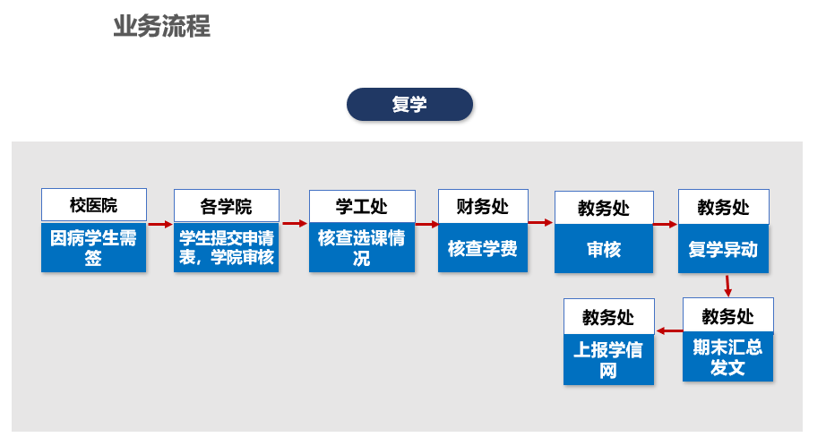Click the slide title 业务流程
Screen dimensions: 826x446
(162, 26)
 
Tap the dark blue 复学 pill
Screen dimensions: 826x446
(409, 104)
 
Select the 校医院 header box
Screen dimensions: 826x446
(94, 205)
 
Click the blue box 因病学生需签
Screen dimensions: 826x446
(94, 247)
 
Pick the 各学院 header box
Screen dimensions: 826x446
(227, 206)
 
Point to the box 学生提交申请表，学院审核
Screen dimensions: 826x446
(227, 247)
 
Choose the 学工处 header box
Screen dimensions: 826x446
(362, 206)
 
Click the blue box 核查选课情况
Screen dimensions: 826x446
(362, 247)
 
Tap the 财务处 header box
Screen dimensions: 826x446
(483, 206)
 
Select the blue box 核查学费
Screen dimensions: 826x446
(483, 248)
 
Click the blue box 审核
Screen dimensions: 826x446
(604, 249)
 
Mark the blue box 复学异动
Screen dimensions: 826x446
(723, 249)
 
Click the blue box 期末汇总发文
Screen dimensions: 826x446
(728, 356)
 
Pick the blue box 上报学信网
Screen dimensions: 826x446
(608, 360)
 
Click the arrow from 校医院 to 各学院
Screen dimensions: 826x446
(160, 224)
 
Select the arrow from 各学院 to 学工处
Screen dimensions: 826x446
(295, 223)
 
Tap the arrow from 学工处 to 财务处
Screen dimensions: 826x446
(427, 224)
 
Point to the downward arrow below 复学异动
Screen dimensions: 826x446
(727, 286)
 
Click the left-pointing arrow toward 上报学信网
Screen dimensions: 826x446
(669, 330)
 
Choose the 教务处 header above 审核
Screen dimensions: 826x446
(604, 208)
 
